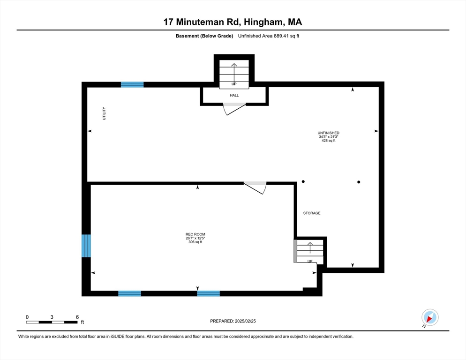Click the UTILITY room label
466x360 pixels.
point(105,114)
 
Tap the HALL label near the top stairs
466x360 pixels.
point(234,96)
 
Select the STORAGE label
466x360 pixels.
point(312,213)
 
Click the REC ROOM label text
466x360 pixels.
point(195,234)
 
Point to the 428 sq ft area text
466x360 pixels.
point(328,141)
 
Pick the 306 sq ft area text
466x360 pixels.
point(195,242)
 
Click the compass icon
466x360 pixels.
point(429,317)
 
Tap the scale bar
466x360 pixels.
point(52,322)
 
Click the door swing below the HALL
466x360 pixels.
point(234,109)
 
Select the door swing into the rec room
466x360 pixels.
point(256,187)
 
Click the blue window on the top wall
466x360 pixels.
point(132,85)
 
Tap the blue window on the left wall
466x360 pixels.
point(86,246)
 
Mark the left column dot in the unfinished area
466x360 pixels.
point(303,182)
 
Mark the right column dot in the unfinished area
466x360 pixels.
point(359,182)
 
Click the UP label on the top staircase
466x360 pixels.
point(234,84)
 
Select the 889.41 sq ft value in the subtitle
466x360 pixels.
point(282,36)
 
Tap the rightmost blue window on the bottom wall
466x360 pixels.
point(209,293)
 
